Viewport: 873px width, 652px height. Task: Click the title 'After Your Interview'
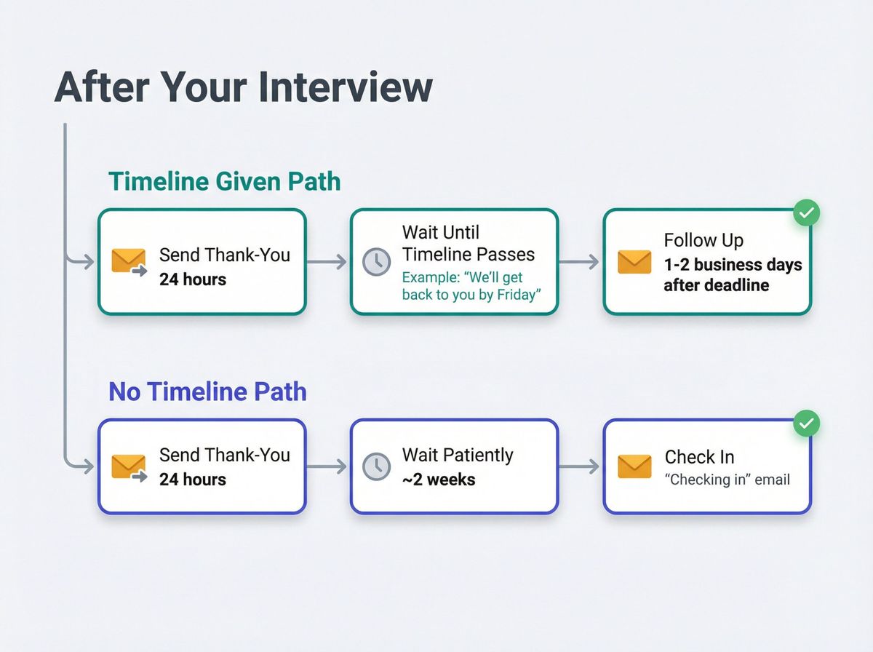click(x=243, y=87)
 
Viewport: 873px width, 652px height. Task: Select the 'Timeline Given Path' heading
click(x=224, y=181)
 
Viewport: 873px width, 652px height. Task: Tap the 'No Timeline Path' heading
click(x=207, y=391)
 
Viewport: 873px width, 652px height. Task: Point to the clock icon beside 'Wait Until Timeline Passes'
click(x=376, y=262)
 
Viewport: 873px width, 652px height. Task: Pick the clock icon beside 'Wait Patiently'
click(x=376, y=467)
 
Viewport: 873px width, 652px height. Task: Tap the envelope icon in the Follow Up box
click(x=634, y=262)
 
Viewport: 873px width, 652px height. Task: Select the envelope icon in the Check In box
click(x=634, y=467)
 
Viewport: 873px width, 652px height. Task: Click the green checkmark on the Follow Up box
click(x=806, y=213)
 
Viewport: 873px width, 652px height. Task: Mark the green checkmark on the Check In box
click(x=806, y=423)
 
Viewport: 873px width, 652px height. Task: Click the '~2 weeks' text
click(x=439, y=480)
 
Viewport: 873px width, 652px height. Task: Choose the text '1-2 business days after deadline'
click(x=732, y=275)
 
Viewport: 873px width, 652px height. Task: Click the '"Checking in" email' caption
click(x=727, y=480)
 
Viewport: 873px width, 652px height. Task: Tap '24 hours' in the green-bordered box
click(x=193, y=279)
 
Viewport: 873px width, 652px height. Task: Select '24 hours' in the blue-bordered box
click(x=193, y=480)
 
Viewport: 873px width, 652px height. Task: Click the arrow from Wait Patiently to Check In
click(x=580, y=467)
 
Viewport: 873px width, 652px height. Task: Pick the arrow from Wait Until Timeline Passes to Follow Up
click(x=580, y=262)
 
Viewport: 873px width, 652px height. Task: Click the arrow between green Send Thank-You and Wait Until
click(x=327, y=262)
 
